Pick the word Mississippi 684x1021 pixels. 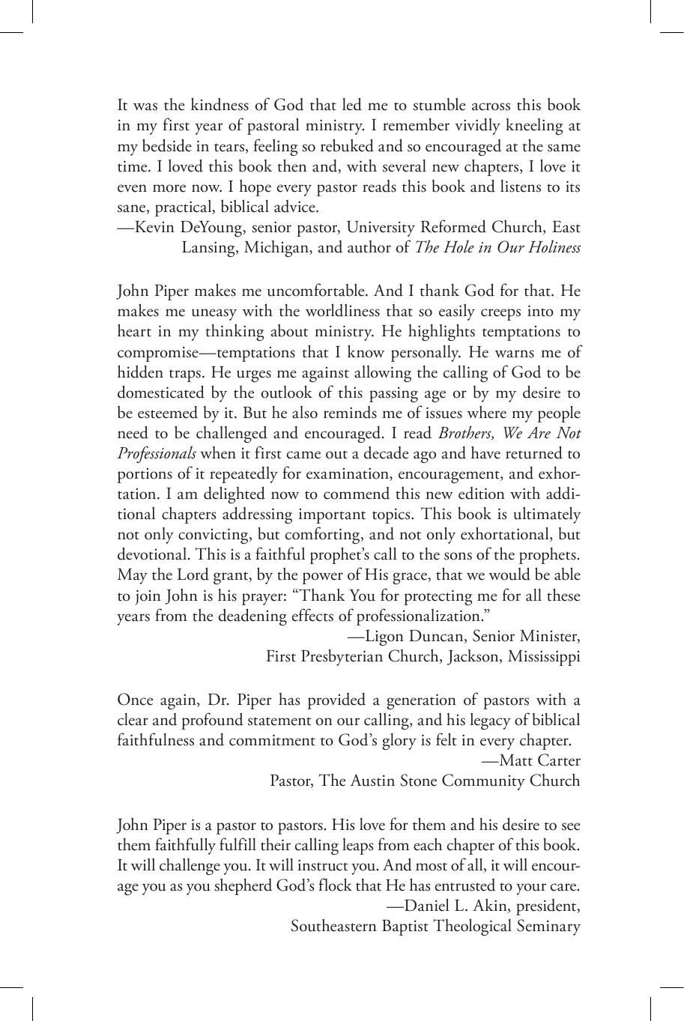click(x=544, y=657)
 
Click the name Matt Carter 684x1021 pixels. click(x=539, y=761)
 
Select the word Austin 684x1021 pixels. click(x=372, y=781)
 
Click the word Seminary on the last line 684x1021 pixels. click(x=548, y=926)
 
